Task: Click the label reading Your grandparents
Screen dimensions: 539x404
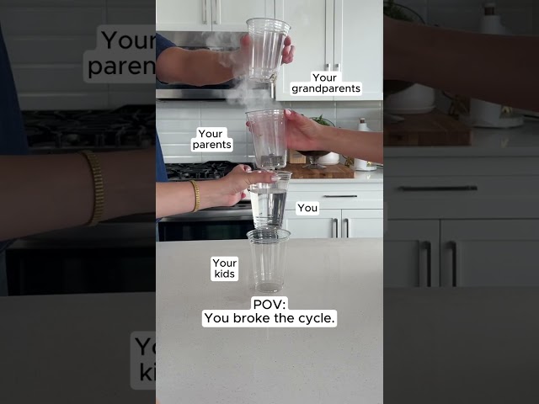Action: coord(326,83)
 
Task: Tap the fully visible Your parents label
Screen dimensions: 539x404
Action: coord(211,139)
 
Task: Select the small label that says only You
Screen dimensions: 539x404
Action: coord(307,208)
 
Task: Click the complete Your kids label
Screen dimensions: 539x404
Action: coord(225,268)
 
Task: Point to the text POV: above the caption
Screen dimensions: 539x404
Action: coord(269,305)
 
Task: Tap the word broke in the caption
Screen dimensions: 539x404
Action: coord(252,318)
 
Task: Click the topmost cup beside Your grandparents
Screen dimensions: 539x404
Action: coord(268,50)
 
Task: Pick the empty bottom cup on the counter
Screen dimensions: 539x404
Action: coord(268,260)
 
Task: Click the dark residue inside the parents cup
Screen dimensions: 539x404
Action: coord(271,159)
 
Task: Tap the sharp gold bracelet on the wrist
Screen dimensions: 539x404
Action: coord(195,195)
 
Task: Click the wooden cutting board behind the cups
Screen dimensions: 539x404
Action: coord(320,171)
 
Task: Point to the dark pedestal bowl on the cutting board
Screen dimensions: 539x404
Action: coord(313,159)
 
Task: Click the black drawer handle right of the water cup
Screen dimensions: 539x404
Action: coord(340,196)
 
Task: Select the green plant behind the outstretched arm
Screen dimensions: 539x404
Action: coord(323,120)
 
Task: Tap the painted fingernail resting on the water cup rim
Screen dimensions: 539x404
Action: coord(275,178)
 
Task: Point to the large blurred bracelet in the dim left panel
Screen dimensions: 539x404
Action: coord(94,188)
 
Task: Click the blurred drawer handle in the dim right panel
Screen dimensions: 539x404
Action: coord(438,189)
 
